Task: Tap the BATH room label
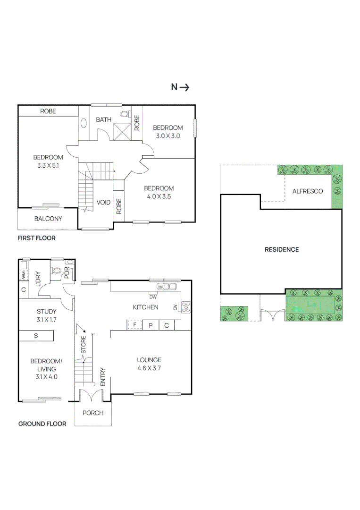click(103, 119)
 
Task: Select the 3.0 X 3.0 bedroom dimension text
click(168, 136)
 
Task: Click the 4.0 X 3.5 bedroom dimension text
click(159, 196)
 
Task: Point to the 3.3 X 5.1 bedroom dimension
click(48, 166)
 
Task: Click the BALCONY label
click(48, 219)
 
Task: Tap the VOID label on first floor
click(103, 203)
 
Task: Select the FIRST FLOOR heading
click(36, 238)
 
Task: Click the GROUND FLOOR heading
click(42, 424)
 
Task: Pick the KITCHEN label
click(145, 307)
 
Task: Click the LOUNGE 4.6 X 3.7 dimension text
click(149, 368)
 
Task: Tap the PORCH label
click(93, 413)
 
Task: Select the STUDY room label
click(47, 312)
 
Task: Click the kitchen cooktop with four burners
click(185, 307)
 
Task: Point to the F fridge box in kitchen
click(134, 325)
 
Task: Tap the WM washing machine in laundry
click(23, 274)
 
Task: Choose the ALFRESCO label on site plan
click(308, 191)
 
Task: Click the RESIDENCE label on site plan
click(282, 249)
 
